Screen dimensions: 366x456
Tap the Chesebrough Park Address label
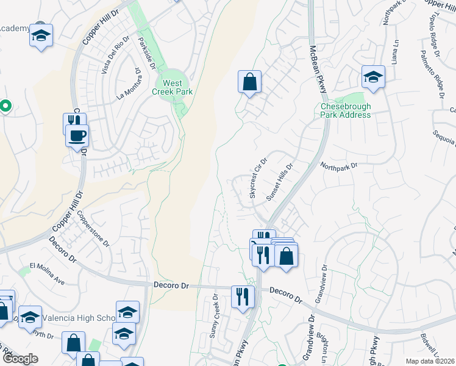pos(346,110)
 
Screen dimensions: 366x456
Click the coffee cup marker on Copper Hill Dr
pos(77,135)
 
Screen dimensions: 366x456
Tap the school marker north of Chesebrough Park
pos(373,77)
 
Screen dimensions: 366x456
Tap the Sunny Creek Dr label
pos(215,317)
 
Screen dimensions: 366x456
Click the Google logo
pos(21,359)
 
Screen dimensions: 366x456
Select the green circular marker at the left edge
pos(5,107)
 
